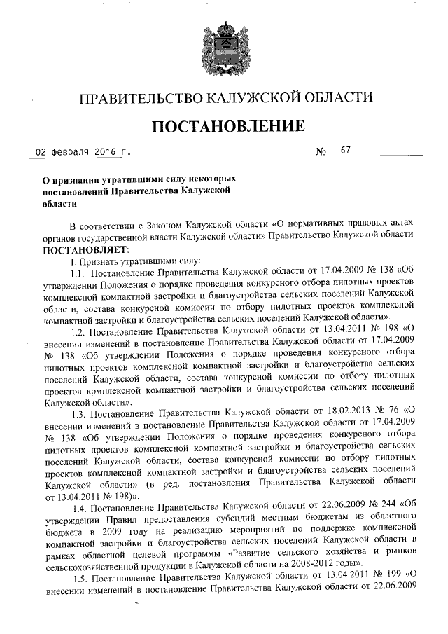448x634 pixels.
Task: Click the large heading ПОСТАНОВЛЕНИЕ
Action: click(x=223, y=126)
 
